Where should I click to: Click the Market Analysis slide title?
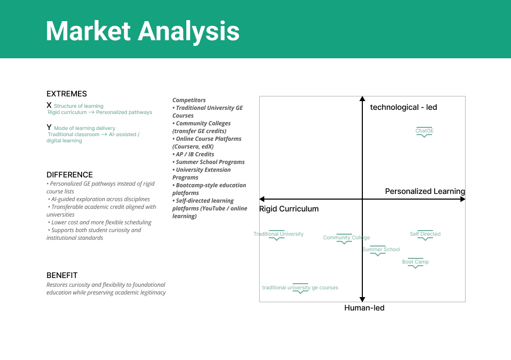click(x=142, y=31)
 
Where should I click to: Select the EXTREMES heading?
click(x=67, y=94)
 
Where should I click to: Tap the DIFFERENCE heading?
click(x=70, y=175)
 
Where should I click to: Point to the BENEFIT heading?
click(x=62, y=275)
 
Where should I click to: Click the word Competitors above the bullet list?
click(x=189, y=100)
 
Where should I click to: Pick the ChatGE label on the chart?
click(x=424, y=131)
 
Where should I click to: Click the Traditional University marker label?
click(x=278, y=234)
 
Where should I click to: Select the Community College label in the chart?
click(x=346, y=238)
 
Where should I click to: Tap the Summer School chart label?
click(x=381, y=250)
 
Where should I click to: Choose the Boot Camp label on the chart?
click(x=416, y=262)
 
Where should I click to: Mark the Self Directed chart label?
click(x=425, y=234)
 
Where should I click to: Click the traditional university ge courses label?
click(x=300, y=288)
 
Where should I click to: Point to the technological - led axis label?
click(x=404, y=107)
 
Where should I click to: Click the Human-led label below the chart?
click(x=364, y=308)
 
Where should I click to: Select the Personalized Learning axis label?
click(x=425, y=191)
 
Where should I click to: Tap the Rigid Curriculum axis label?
click(x=289, y=209)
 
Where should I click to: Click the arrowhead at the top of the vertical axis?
click(x=362, y=99)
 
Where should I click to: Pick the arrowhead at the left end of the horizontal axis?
click(x=262, y=199)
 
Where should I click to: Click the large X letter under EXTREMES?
click(x=49, y=105)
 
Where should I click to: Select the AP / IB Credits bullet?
click(x=195, y=154)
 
